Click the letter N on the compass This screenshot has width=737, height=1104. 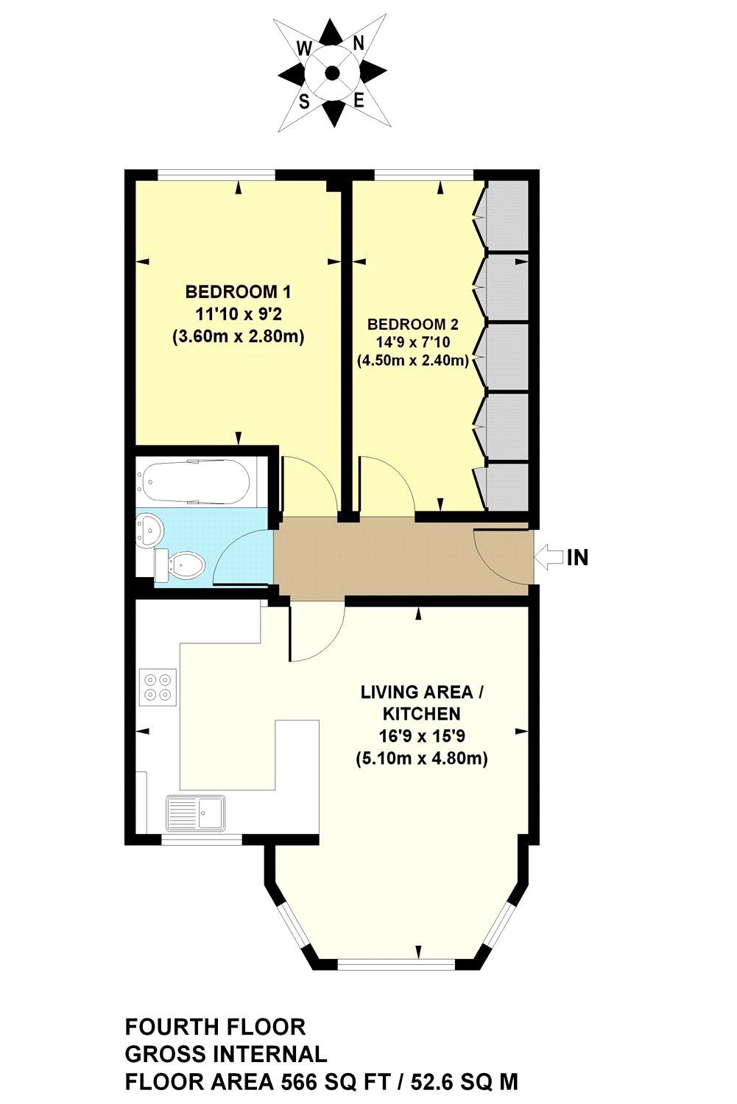(x=359, y=44)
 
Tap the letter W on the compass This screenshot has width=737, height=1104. (x=305, y=49)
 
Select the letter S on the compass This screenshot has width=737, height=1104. (x=305, y=102)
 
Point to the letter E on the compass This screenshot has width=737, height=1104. (x=359, y=101)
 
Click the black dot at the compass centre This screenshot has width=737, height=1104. (x=333, y=73)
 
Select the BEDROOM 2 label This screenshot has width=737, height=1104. (x=412, y=325)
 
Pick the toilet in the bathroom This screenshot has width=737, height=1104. (x=180, y=563)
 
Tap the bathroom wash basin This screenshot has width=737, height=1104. (x=149, y=529)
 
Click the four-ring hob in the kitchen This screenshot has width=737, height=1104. (x=158, y=685)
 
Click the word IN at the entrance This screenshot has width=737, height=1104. (x=578, y=557)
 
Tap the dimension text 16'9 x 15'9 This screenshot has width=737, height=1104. (x=422, y=736)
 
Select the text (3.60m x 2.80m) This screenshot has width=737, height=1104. (x=238, y=337)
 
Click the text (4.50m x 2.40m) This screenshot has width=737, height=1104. (x=412, y=361)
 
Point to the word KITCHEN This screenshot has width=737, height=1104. (x=422, y=714)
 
